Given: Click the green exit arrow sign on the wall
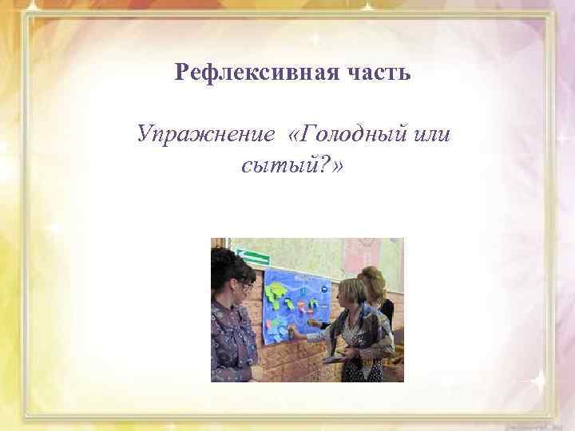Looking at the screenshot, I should pos(253,257).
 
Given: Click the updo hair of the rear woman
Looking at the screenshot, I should pos(373,276).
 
